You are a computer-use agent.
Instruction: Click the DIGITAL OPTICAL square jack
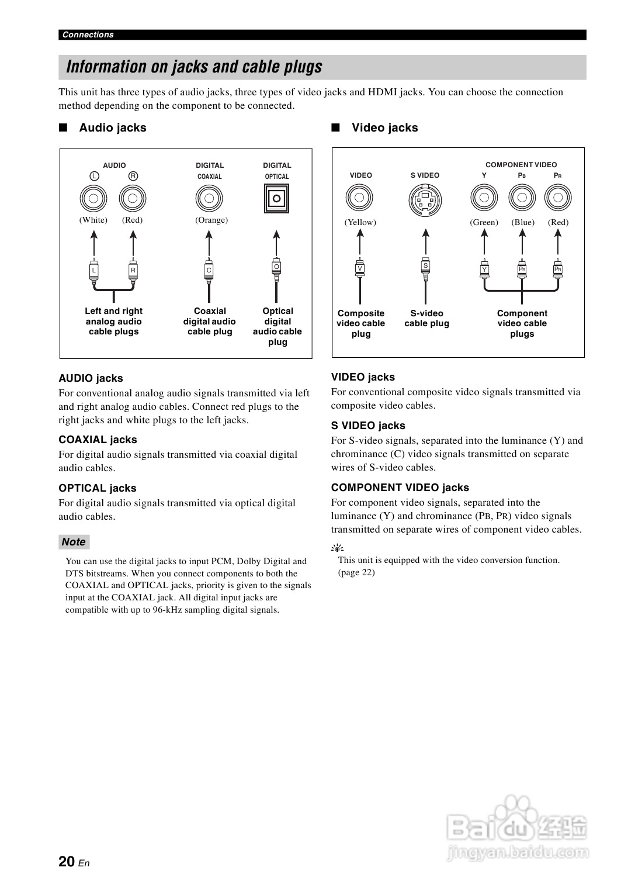[277, 198]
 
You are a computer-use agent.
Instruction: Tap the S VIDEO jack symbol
[425, 200]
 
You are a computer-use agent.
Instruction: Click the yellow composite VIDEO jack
[360, 198]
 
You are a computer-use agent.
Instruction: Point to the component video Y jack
[484, 198]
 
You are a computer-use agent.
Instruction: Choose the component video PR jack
[558, 198]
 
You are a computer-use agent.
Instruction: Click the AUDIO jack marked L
[93, 199]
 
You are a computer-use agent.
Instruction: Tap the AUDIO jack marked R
[133, 199]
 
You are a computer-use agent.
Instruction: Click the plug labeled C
[209, 269]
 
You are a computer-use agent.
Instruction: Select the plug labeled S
[426, 266]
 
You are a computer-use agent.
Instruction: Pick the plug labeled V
[360, 268]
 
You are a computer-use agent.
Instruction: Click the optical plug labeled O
[277, 267]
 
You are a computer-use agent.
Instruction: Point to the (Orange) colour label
[211, 220]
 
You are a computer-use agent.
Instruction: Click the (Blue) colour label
[523, 223]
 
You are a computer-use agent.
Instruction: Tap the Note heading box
[74, 542]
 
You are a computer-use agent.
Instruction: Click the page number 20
[67, 861]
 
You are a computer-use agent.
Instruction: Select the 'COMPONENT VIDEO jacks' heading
[400, 488]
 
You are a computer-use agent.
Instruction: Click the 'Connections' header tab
[88, 34]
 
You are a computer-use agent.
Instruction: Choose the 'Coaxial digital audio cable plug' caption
[210, 322]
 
